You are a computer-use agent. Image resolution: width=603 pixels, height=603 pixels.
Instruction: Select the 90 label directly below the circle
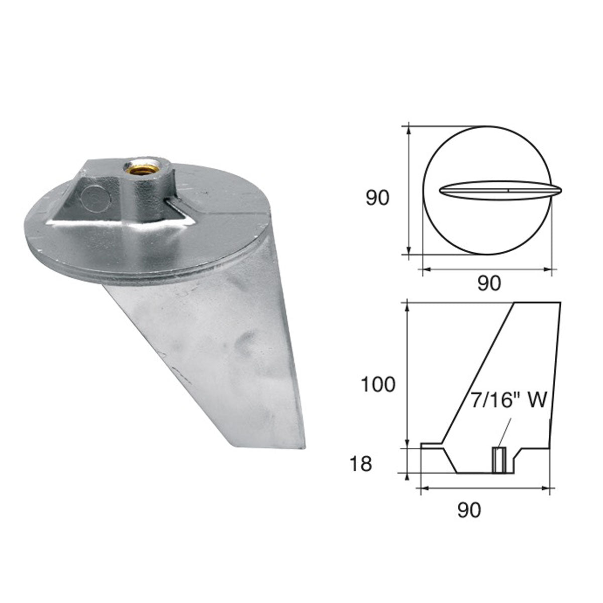coord(488,284)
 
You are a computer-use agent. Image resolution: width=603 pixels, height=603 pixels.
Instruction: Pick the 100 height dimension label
coord(378,385)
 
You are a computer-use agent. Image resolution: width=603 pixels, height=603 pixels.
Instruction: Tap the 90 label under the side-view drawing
coord(469,510)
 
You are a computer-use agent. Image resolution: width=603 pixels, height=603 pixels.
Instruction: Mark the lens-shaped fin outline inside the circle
coord(500,190)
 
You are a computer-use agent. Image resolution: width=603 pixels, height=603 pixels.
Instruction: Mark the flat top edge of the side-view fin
coord(536,302)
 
